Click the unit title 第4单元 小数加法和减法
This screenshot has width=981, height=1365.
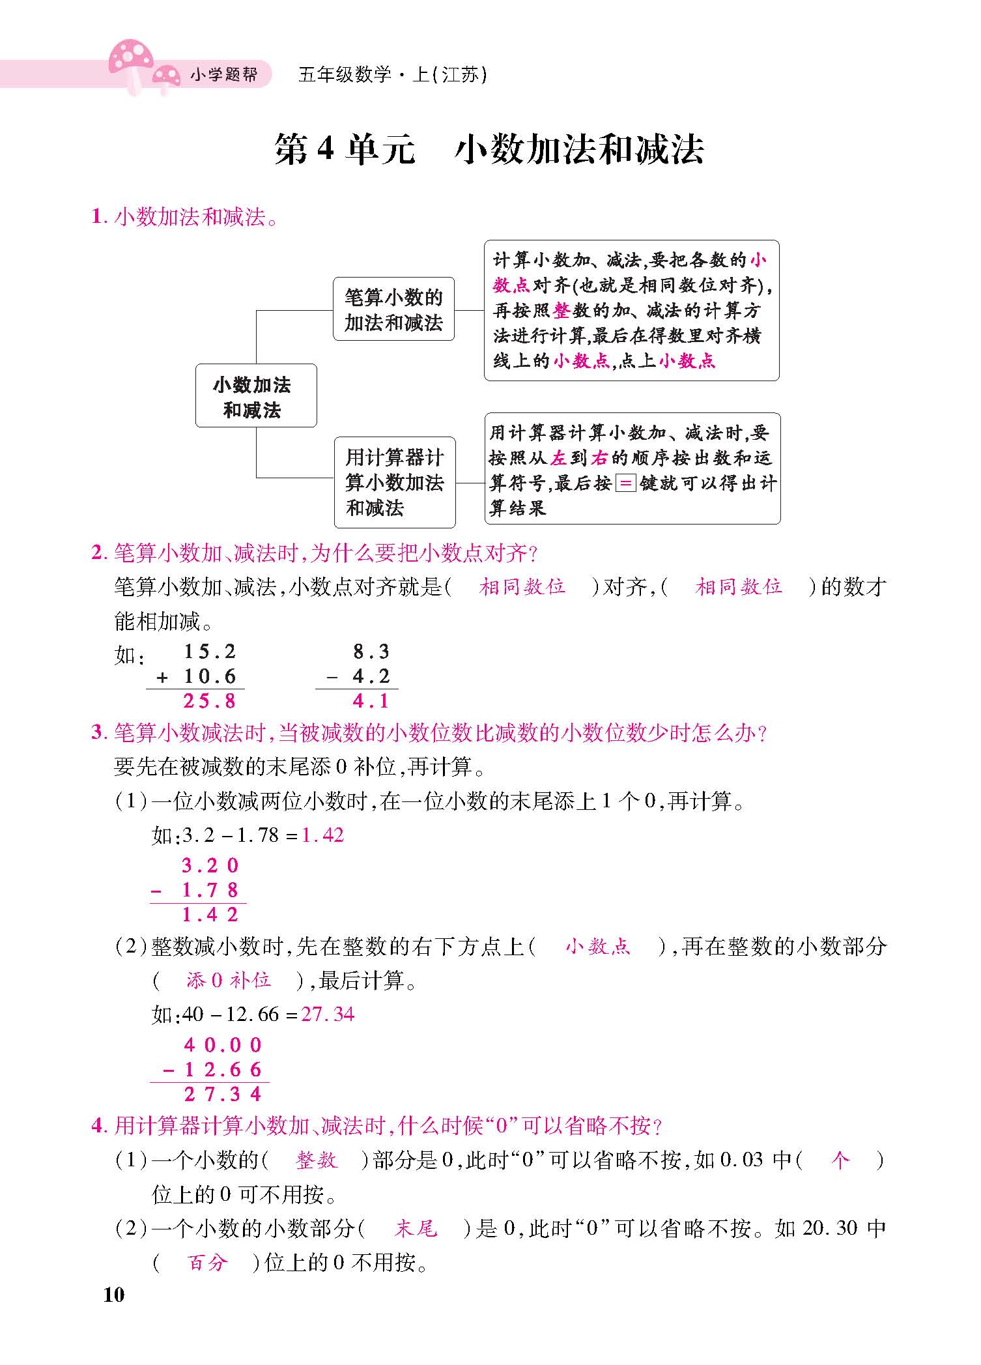coord(489,150)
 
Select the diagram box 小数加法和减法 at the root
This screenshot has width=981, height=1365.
coord(256,396)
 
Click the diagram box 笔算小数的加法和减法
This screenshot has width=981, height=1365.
coord(393,309)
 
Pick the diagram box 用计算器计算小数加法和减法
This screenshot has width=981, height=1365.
coord(394,482)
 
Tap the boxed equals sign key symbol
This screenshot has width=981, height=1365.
coord(625,483)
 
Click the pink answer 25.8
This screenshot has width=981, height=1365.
coord(209,701)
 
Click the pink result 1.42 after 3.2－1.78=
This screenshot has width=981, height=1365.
coord(323,835)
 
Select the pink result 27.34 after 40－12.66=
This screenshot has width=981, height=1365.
coord(328,1014)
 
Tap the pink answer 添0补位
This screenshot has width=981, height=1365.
coord(229,981)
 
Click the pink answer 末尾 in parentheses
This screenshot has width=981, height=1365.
coord(415,1229)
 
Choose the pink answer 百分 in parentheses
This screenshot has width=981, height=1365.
coord(207,1263)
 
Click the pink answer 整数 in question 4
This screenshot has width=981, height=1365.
coord(317,1160)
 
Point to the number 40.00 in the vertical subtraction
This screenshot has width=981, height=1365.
coord(223,1045)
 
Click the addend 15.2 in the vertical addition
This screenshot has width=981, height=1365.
coord(209,652)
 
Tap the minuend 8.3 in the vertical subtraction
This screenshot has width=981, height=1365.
coord(371,652)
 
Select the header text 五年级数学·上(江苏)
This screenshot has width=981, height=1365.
coord(392,75)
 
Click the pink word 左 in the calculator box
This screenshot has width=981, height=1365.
coord(558,459)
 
